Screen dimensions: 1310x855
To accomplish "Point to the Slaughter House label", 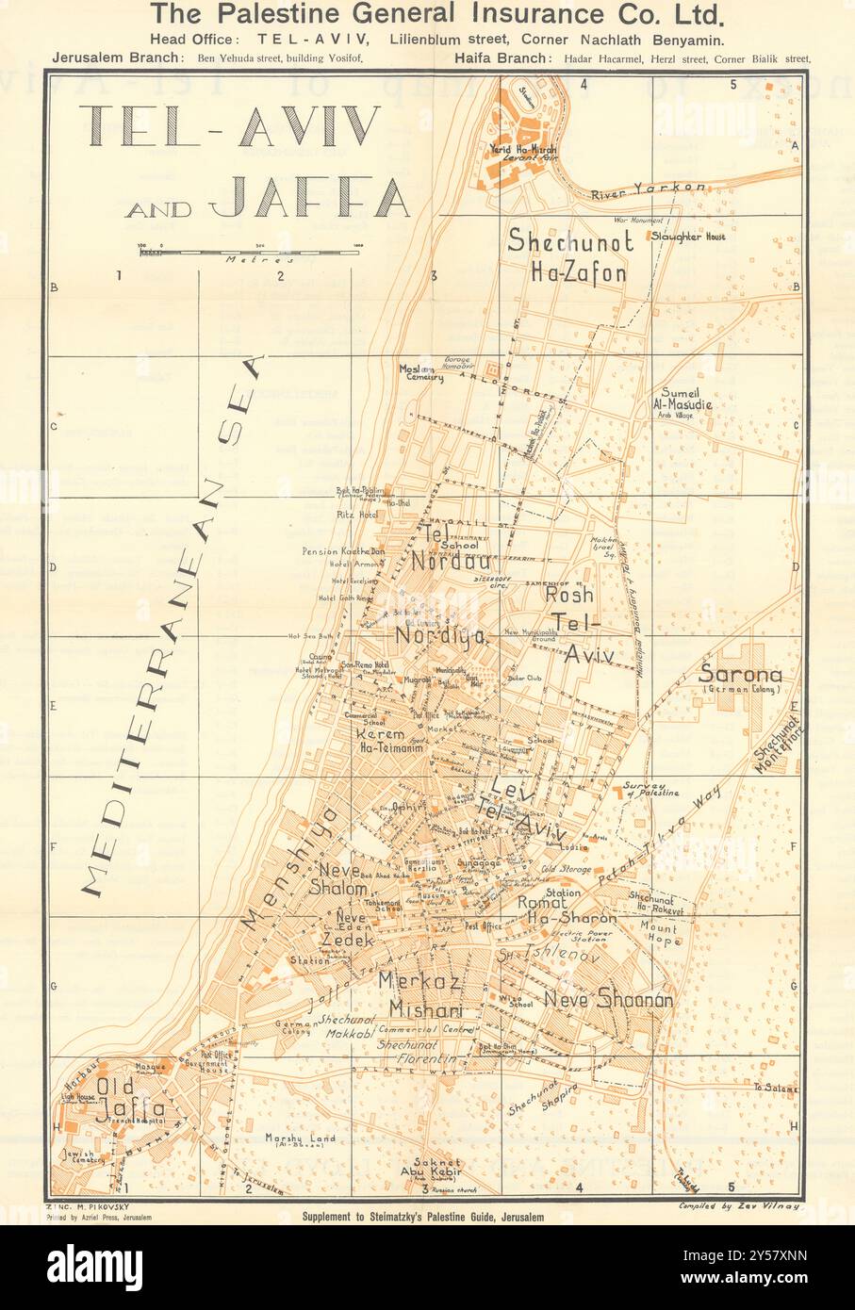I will pyautogui.click(x=688, y=237).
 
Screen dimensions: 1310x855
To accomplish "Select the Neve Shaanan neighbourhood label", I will pyautogui.click(x=609, y=1000).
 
